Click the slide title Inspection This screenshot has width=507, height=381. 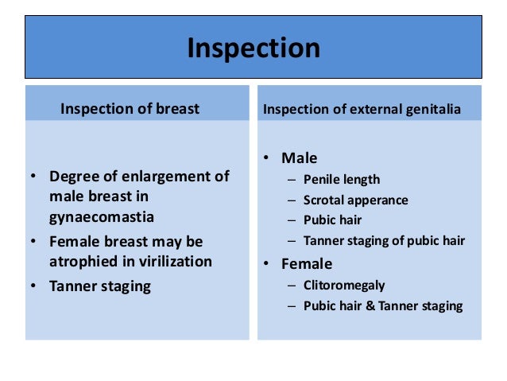coord(253,48)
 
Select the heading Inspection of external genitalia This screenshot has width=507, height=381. coord(362,109)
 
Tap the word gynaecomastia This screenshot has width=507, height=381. coord(102,216)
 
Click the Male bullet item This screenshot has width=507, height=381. coord(299,158)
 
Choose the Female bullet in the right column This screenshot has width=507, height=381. coord(307,263)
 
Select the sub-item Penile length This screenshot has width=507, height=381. coord(342,179)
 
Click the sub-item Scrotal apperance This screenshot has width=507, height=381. coord(355,200)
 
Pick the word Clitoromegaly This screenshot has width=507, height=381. coord(344,284)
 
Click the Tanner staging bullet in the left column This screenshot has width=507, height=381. coord(100,286)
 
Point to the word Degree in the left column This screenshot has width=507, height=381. coord(72,176)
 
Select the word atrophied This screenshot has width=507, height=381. coord(83,262)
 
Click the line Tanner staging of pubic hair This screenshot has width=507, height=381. coord(384,240)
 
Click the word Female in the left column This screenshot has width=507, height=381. coord(74,241)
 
